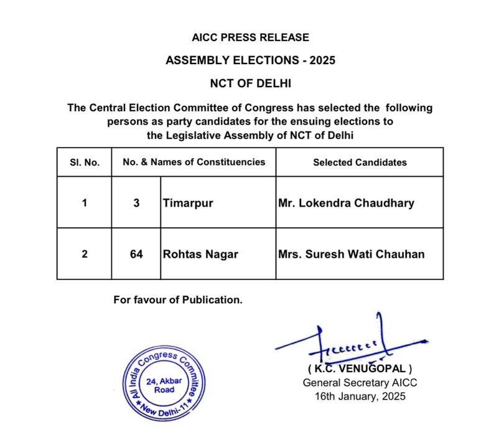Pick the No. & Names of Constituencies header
[194, 162]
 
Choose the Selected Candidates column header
[360, 162]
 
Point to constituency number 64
[136, 254]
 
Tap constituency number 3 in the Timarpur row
[136, 203]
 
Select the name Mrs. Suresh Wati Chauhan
[355, 254]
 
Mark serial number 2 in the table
[85, 254]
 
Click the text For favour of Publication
[178, 299]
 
